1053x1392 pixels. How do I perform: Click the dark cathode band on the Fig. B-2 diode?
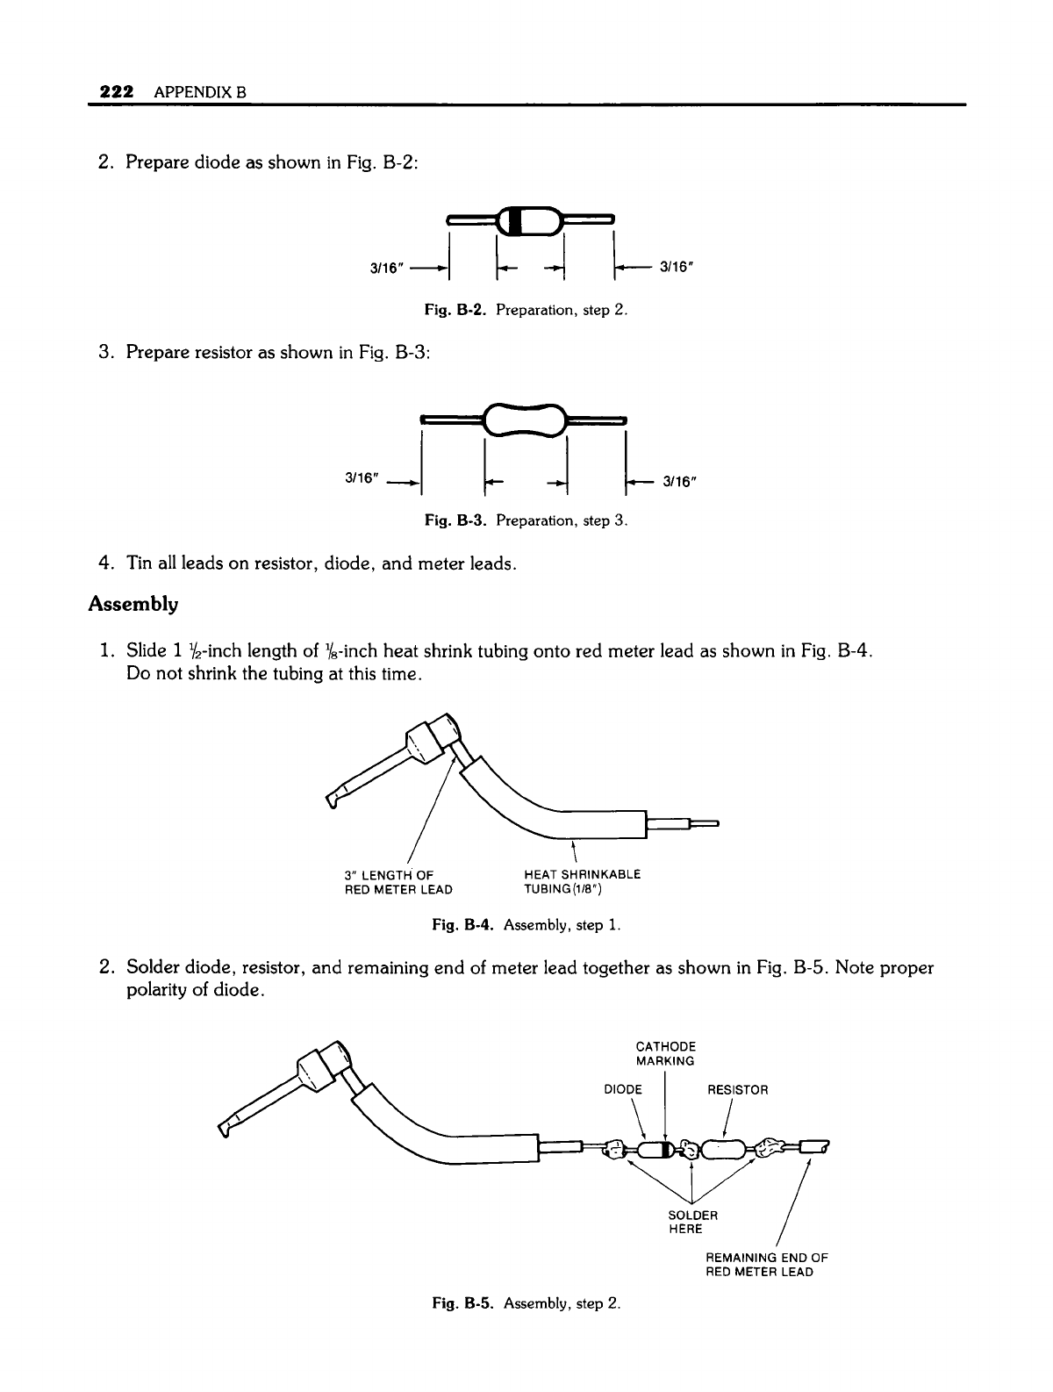pos(517,219)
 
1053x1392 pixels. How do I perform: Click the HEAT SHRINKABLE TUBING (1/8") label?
pos(582,882)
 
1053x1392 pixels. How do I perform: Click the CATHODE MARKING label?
pos(665,1053)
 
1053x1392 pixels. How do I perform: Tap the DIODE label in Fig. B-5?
pos(624,1090)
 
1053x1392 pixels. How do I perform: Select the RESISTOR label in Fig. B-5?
pos(737,1090)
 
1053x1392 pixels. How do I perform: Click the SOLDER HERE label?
pos(693,1222)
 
